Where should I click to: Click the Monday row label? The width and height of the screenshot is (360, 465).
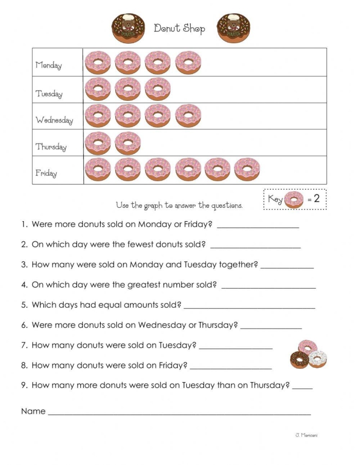click(48, 65)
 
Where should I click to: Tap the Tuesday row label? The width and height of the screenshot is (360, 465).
click(49, 94)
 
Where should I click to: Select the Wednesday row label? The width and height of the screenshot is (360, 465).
click(54, 120)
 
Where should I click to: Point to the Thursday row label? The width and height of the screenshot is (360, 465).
click(51, 147)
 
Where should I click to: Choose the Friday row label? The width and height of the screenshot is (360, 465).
click(46, 173)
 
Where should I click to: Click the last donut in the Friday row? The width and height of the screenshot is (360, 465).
click(247, 169)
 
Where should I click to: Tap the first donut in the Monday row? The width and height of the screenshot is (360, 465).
click(98, 62)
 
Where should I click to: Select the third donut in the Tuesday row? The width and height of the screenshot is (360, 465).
click(157, 89)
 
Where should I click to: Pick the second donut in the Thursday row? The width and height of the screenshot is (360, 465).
click(128, 143)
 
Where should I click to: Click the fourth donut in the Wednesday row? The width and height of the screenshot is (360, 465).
click(188, 116)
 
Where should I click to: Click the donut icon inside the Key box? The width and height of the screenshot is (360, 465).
click(294, 200)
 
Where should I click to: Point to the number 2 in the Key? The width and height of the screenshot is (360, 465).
click(316, 199)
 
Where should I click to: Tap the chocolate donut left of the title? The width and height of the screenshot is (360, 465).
click(129, 28)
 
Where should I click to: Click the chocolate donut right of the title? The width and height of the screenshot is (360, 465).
click(233, 28)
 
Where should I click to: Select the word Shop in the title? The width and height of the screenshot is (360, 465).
click(193, 28)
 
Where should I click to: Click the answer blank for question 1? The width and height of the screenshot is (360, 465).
click(258, 224)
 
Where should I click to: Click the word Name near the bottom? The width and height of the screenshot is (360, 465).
click(33, 411)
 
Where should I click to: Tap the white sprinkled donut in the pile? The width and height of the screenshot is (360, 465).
click(318, 359)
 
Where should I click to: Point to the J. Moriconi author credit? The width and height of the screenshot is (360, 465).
click(306, 435)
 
